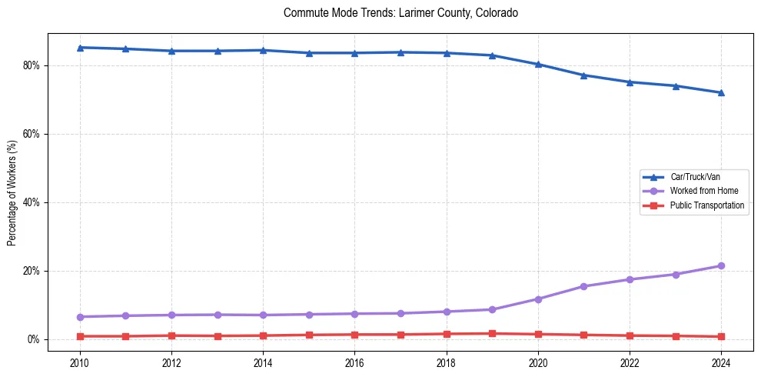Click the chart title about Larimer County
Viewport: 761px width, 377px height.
point(400,13)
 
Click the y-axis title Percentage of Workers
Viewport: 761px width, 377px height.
point(12,193)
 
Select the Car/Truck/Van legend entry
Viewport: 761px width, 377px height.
point(695,177)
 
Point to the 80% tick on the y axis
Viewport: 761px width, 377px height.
point(32,65)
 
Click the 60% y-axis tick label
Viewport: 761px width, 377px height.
point(32,134)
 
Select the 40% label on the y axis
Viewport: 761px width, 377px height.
point(32,202)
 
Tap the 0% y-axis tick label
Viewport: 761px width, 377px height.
point(34,339)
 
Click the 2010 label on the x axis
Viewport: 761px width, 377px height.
point(80,362)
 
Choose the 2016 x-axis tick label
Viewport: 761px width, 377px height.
point(354,362)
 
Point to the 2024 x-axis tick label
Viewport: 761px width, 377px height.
point(721,362)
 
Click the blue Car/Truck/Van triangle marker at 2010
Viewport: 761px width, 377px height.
point(80,48)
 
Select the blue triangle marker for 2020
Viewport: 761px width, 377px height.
point(538,64)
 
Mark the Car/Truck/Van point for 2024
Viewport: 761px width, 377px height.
point(721,92)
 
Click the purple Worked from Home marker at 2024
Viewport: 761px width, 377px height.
point(721,266)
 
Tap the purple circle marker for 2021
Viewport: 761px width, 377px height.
point(583,286)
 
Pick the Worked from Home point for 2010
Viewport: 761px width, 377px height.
point(80,317)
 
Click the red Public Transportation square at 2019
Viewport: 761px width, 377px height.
point(492,333)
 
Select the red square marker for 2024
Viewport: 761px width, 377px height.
point(721,336)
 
